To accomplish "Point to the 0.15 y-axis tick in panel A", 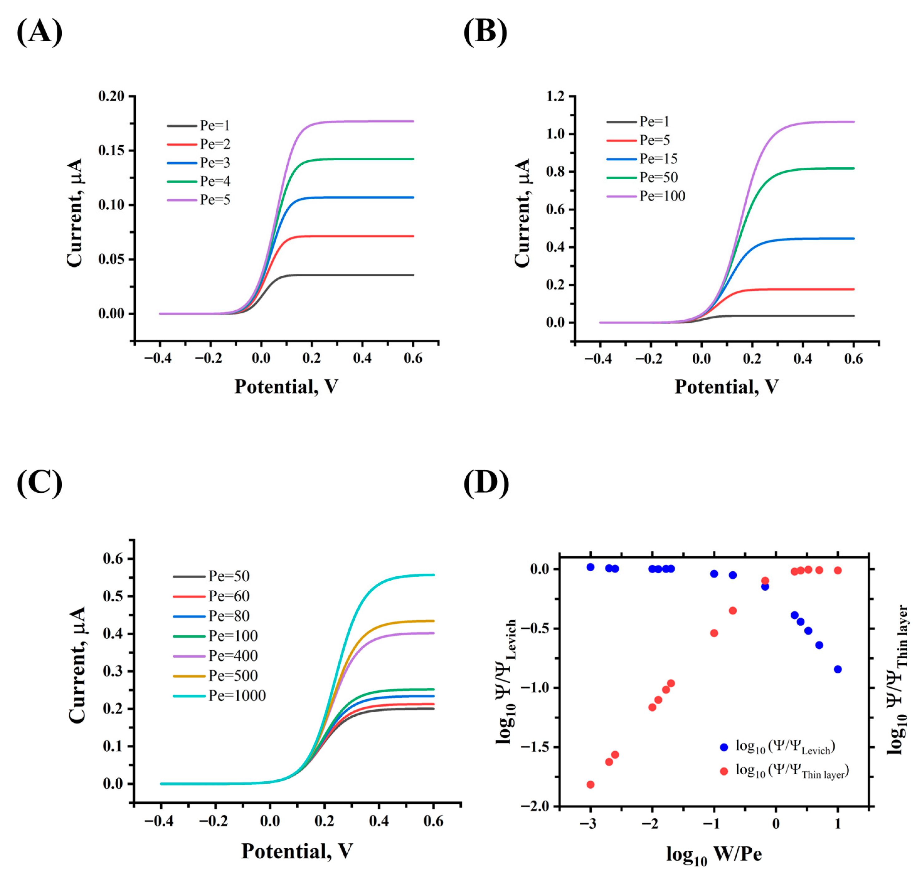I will (x=111, y=150).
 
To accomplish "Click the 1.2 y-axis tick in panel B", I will (x=555, y=96).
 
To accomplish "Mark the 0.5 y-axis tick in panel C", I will (x=113, y=596).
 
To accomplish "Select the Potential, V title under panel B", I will (x=726, y=387).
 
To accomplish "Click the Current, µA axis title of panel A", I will (x=75, y=213).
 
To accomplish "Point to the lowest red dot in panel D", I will (x=590, y=784).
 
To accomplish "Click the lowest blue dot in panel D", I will (x=837, y=669).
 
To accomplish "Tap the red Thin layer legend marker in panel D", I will (x=724, y=771).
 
